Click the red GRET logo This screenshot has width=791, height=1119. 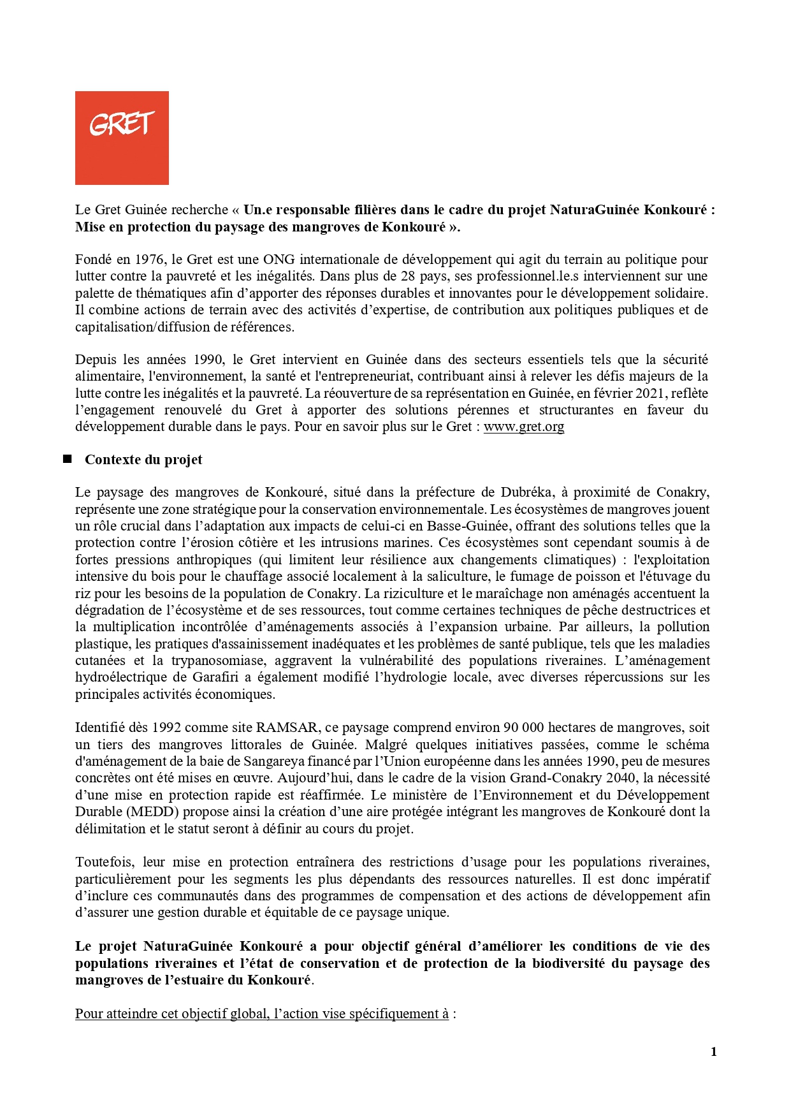[122, 138]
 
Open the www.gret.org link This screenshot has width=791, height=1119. [524, 427]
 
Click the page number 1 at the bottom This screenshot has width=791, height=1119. [714, 1051]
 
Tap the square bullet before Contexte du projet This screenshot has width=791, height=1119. [67, 459]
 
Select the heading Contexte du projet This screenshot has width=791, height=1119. [143, 460]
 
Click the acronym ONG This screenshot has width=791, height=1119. [279, 260]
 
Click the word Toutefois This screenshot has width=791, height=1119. [105, 862]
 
